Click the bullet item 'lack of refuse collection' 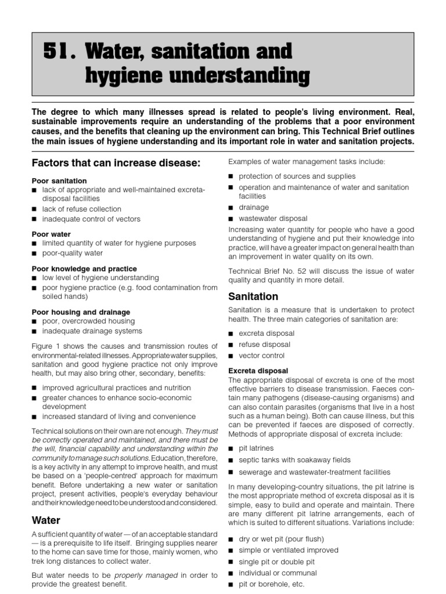tap(81, 209)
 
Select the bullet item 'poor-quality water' tap(72, 253)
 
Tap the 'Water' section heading tap(46, 520)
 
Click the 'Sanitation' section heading tap(253, 296)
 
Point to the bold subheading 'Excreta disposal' tap(258, 370)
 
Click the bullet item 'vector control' tap(261, 356)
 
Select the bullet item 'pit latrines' tap(256, 448)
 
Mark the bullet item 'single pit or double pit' tap(276, 562)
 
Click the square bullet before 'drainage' tap(231, 208)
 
